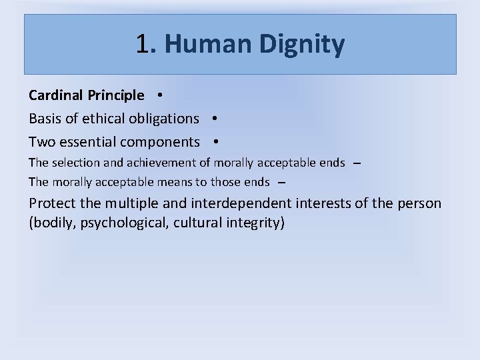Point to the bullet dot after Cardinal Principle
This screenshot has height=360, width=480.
pos(162,95)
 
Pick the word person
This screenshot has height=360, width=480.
pos(419,203)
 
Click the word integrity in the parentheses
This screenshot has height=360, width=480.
pos(256,222)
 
